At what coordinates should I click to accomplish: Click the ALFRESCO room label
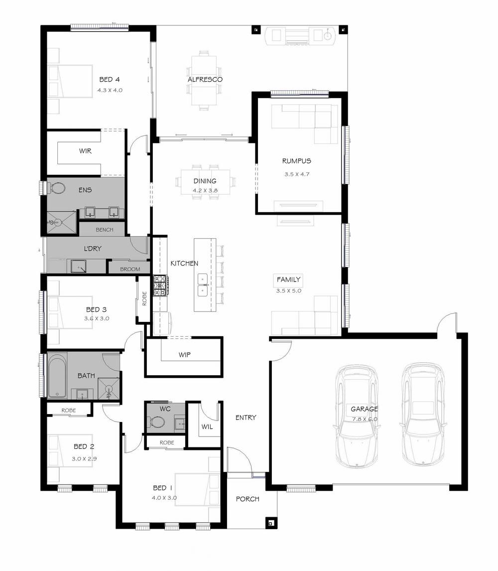(x=205, y=79)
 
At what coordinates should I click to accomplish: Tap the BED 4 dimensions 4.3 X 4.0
(x=110, y=90)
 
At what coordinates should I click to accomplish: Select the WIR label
(x=85, y=151)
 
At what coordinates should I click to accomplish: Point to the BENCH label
(x=105, y=230)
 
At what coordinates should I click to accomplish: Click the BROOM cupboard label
(x=130, y=269)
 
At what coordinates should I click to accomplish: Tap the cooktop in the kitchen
(x=160, y=285)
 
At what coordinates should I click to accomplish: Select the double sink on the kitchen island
(x=203, y=285)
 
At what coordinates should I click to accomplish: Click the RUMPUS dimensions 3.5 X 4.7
(x=297, y=174)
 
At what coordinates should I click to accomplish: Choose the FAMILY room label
(x=288, y=280)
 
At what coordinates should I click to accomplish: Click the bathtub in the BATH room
(x=57, y=375)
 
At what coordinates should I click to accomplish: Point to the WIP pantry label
(x=185, y=354)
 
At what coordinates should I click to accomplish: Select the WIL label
(x=207, y=427)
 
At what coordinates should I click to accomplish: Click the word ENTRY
(x=246, y=418)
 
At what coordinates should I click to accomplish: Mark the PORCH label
(x=248, y=499)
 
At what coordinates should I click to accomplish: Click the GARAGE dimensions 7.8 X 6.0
(x=365, y=419)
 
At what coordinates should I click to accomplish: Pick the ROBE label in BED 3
(x=144, y=298)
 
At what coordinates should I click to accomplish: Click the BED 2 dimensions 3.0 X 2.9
(x=84, y=458)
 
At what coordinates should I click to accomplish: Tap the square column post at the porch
(x=271, y=523)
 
